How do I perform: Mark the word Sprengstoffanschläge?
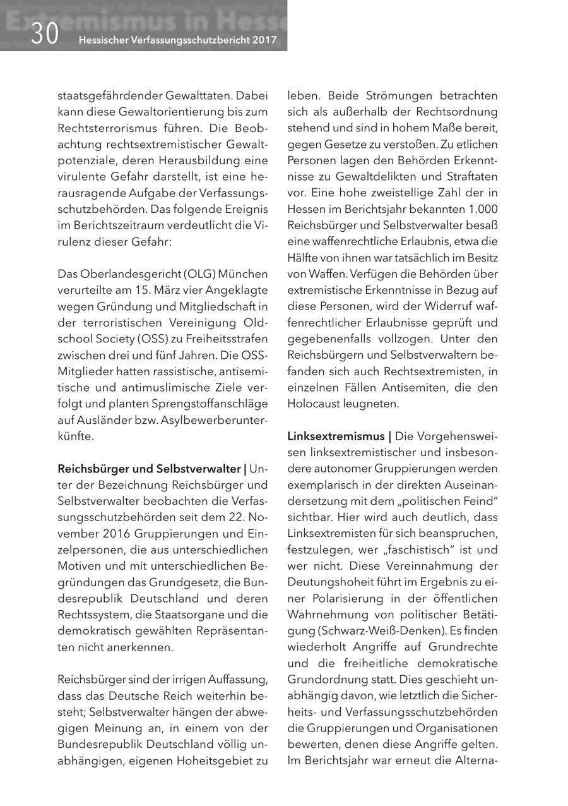214,404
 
